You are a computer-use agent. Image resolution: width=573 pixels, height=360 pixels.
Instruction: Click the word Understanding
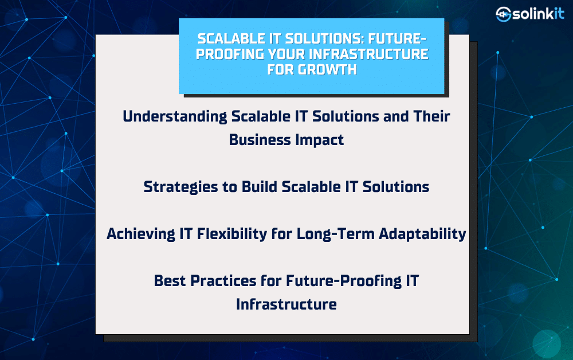point(175,117)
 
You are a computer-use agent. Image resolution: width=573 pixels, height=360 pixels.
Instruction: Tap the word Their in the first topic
point(431,116)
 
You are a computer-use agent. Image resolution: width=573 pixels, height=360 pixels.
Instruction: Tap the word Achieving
point(141,234)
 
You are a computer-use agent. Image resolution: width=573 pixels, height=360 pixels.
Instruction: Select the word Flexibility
point(232,234)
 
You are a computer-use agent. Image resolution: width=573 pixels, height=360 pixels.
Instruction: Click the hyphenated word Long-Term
point(335,234)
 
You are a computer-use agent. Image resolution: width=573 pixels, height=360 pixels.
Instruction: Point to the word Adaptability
point(422,234)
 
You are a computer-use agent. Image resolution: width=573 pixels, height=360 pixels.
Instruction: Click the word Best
point(170,281)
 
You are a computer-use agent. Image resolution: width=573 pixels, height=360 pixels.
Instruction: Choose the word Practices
point(223,281)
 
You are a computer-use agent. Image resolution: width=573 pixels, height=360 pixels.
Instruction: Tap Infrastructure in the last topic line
point(286,304)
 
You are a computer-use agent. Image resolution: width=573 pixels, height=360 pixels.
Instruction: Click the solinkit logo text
point(538,14)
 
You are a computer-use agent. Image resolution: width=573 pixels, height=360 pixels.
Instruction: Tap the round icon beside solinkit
point(503,14)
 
